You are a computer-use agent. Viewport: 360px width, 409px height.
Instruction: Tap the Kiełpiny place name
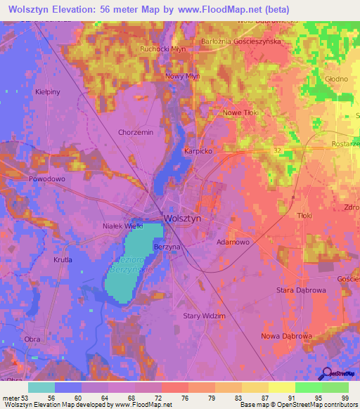pos(47,92)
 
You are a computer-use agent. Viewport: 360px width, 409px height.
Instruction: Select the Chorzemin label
pos(136,132)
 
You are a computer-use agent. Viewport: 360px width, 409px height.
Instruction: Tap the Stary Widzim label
pos(204,316)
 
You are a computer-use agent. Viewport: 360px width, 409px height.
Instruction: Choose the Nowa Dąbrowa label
pos(286,336)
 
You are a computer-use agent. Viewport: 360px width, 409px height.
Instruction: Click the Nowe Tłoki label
pos(241,112)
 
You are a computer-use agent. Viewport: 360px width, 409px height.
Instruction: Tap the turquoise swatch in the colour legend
pos(41,387)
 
